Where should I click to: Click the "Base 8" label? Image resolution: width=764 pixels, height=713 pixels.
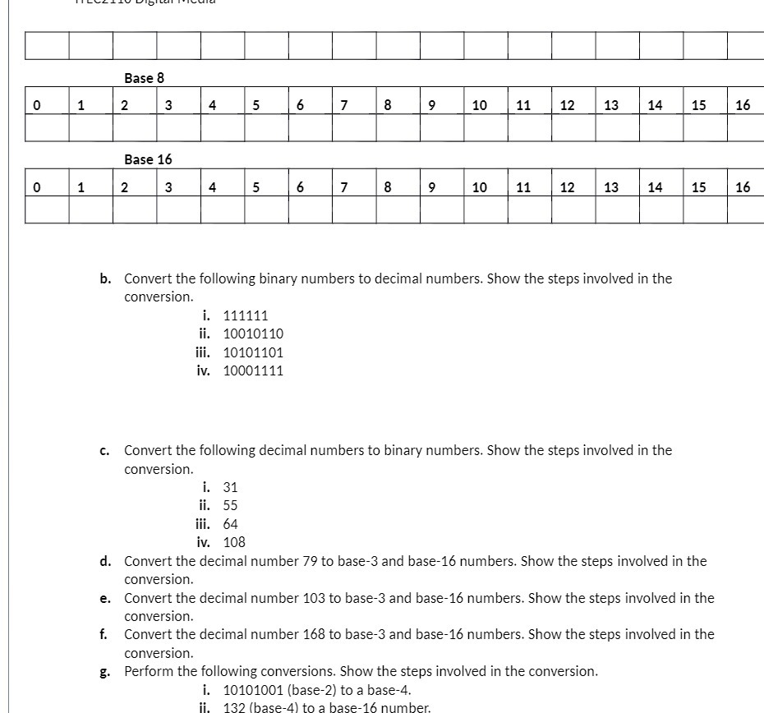tap(144, 78)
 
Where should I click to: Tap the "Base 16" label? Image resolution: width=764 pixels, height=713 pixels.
tap(148, 159)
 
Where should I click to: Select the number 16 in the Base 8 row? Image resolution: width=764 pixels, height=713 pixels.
tap(743, 105)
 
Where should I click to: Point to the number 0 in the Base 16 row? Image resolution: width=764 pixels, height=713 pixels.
tap(36, 187)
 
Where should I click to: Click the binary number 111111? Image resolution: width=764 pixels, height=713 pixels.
tap(246, 315)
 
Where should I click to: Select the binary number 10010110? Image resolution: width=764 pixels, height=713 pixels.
tap(253, 333)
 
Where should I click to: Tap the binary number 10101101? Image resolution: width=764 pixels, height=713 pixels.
tap(253, 352)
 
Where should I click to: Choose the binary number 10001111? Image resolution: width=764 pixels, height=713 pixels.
tap(253, 370)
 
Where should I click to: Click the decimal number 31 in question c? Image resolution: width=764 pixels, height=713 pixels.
tap(231, 487)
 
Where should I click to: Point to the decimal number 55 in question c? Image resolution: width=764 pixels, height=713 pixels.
tap(231, 506)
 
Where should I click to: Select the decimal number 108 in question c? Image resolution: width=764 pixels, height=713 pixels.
tap(234, 542)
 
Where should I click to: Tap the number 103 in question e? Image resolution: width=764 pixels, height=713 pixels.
tap(315, 598)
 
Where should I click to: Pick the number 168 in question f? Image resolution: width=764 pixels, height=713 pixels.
tap(315, 634)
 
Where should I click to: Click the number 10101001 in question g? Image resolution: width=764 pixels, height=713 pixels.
tap(253, 690)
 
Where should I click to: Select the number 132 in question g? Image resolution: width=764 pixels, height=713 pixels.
tap(235, 707)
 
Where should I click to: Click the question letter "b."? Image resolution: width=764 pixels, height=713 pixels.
tap(106, 278)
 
